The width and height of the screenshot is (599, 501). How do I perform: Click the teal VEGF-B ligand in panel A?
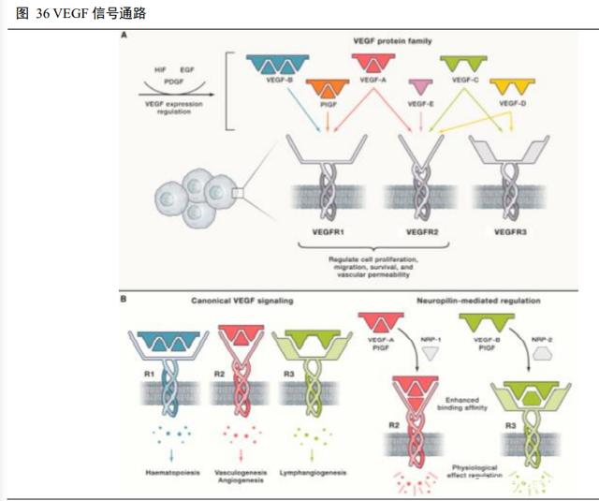point(271,65)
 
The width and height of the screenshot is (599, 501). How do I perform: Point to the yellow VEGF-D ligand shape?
point(510,87)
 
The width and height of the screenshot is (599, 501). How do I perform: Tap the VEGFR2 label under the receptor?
point(423,229)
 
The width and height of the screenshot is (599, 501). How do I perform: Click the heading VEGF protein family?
point(391,43)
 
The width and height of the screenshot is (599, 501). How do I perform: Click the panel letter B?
point(125,301)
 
